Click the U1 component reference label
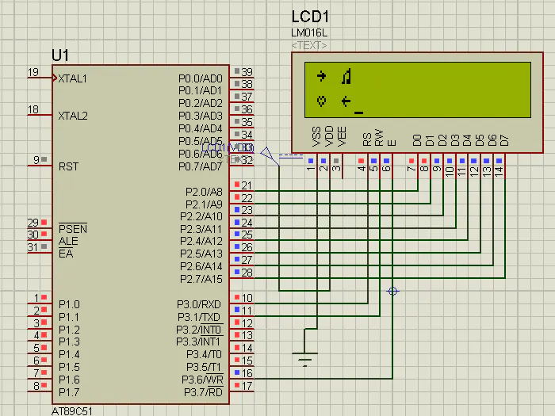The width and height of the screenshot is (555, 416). (60, 55)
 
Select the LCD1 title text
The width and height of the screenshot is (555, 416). (310, 17)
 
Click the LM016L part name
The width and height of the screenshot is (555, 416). (309, 32)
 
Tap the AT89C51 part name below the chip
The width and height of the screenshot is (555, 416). (71, 411)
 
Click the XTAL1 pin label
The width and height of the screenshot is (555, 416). (73, 78)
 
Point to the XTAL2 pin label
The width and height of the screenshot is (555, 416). (73, 116)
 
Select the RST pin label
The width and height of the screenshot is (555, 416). (68, 166)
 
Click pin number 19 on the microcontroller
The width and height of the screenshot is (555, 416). (33, 72)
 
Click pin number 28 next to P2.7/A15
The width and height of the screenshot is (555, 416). (247, 273)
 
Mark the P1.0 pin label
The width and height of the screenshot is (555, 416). (69, 304)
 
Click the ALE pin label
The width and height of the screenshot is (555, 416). (68, 241)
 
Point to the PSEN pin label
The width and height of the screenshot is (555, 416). (73, 229)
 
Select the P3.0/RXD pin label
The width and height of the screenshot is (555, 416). (199, 304)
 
